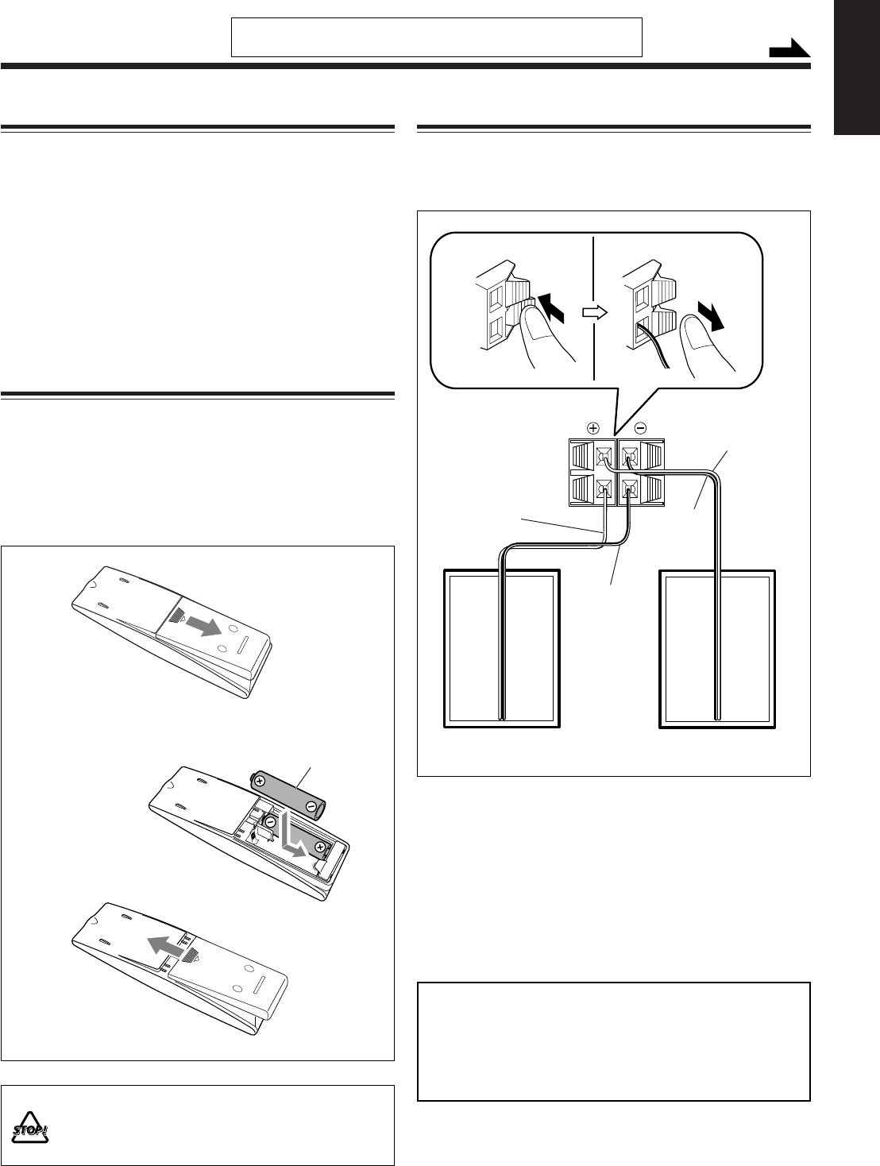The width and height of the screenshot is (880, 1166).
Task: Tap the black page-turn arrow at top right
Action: tap(789, 50)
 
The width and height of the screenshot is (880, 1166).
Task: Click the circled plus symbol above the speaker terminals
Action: tap(592, 427)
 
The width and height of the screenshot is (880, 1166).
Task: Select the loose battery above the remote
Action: tap(287, 794)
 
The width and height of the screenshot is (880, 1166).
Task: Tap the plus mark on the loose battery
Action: tap(260, 782)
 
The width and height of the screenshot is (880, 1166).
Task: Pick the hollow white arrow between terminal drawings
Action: tap(594, 313)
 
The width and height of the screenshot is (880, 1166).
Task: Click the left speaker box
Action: tap(501, 648)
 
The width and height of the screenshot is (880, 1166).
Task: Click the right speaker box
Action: tap(717, 648)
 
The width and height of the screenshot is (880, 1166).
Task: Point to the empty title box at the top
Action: tap(436, 37)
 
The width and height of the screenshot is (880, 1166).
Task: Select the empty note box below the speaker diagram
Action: tap(613, 1041)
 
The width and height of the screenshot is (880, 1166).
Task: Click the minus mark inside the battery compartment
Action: tap(270, 820)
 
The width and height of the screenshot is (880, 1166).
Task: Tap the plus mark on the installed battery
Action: tap(320, 847)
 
